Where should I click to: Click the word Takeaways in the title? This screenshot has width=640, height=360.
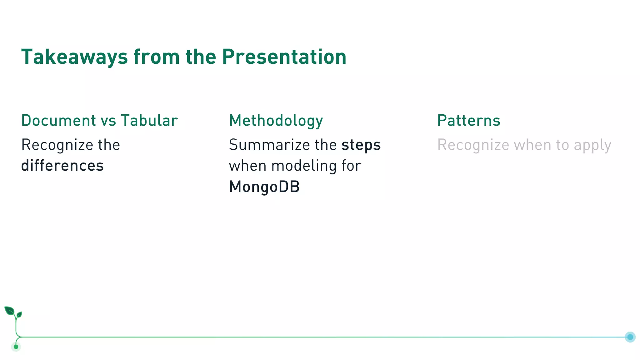[74, 57]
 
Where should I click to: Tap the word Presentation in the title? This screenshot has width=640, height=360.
[284, 57]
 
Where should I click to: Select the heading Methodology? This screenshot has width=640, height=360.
[276, 121]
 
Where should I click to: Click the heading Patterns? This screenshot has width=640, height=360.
[468, 121]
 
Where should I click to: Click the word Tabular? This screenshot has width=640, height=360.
[149, 121]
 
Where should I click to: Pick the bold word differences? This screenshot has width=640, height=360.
[62, 166]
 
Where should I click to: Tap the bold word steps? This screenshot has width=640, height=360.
[361, 145]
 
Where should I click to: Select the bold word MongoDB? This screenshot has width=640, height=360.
[264, 187]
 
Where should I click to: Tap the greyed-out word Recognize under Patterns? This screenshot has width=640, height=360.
[473, 145]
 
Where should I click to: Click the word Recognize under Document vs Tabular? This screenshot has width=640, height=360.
[57, 145]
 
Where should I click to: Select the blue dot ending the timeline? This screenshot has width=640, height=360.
[630, 337]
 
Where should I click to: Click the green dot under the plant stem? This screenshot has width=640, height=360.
[16, 347]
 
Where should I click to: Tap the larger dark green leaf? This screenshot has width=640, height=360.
[9, 311]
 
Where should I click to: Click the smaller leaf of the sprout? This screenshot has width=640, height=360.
[19, 314]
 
